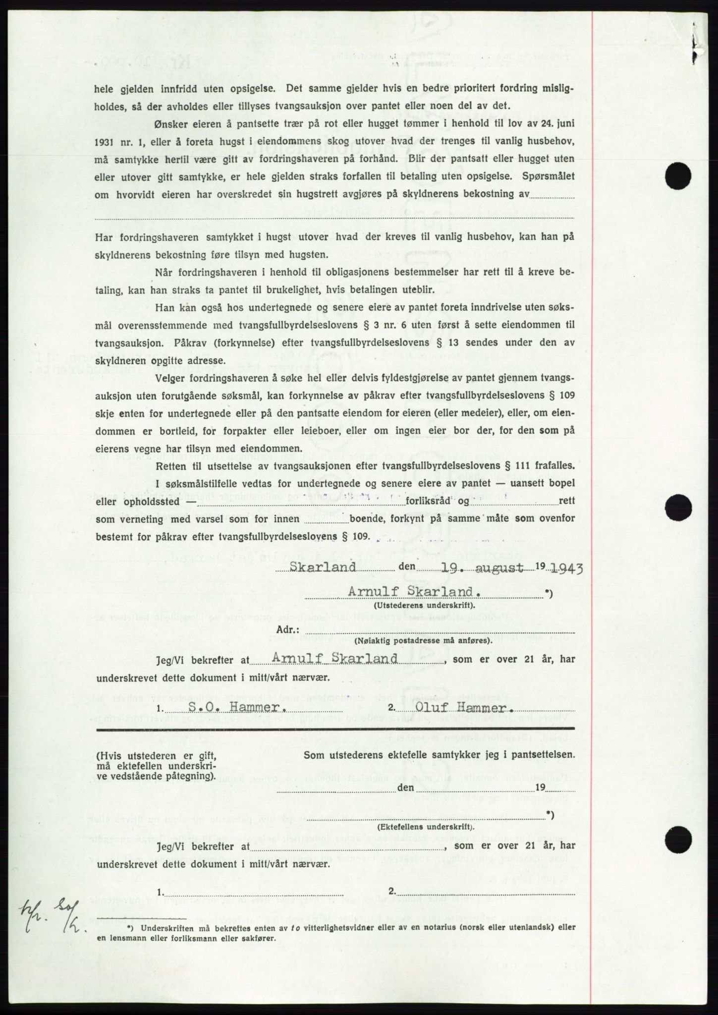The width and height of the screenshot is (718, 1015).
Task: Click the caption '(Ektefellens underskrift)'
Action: [x=425, y=827]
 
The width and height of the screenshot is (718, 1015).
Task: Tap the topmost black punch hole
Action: [x=676, y=176]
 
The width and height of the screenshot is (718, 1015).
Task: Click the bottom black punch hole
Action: [x=676, y=841]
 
